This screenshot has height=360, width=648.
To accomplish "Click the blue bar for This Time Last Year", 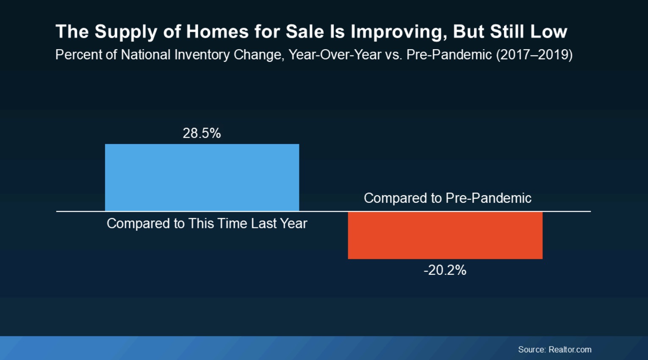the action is point(202,177).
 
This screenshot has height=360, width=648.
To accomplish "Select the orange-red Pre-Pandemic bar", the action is point(445,235).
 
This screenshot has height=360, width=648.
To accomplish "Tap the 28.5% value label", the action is point(202,133).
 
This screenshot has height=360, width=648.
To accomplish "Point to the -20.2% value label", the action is point(445,270).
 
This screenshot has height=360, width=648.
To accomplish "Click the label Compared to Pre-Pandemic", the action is point(448,198).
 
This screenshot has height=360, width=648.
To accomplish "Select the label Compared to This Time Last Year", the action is point(207,223).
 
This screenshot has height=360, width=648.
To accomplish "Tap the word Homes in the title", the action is point(217,31).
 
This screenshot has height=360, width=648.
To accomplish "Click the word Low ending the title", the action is point(548,31).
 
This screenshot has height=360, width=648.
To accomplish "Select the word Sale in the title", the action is point(305,31).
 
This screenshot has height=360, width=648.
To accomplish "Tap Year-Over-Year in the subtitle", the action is point(335,55).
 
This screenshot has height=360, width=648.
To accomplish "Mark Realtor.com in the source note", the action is point(570,349).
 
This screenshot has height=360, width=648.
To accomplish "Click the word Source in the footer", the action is point(532,349).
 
